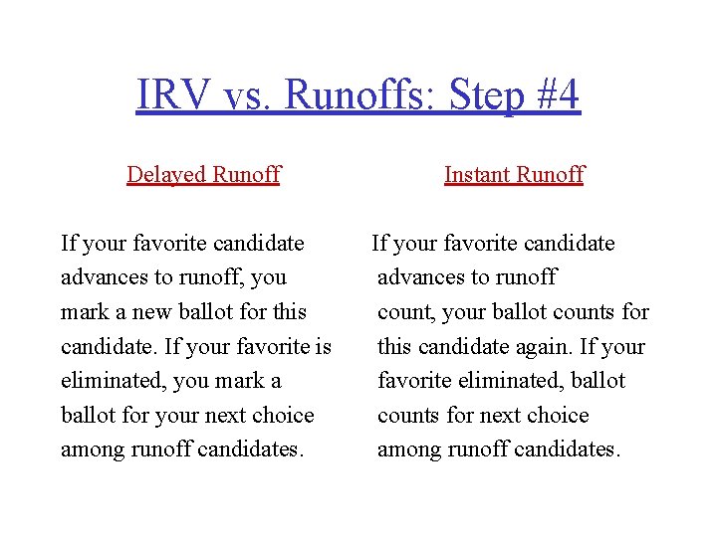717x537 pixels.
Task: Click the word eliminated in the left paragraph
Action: [x=112, y=381]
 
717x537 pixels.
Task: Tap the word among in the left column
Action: [x=93, y=449]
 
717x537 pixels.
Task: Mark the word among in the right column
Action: [x=409, y=449]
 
